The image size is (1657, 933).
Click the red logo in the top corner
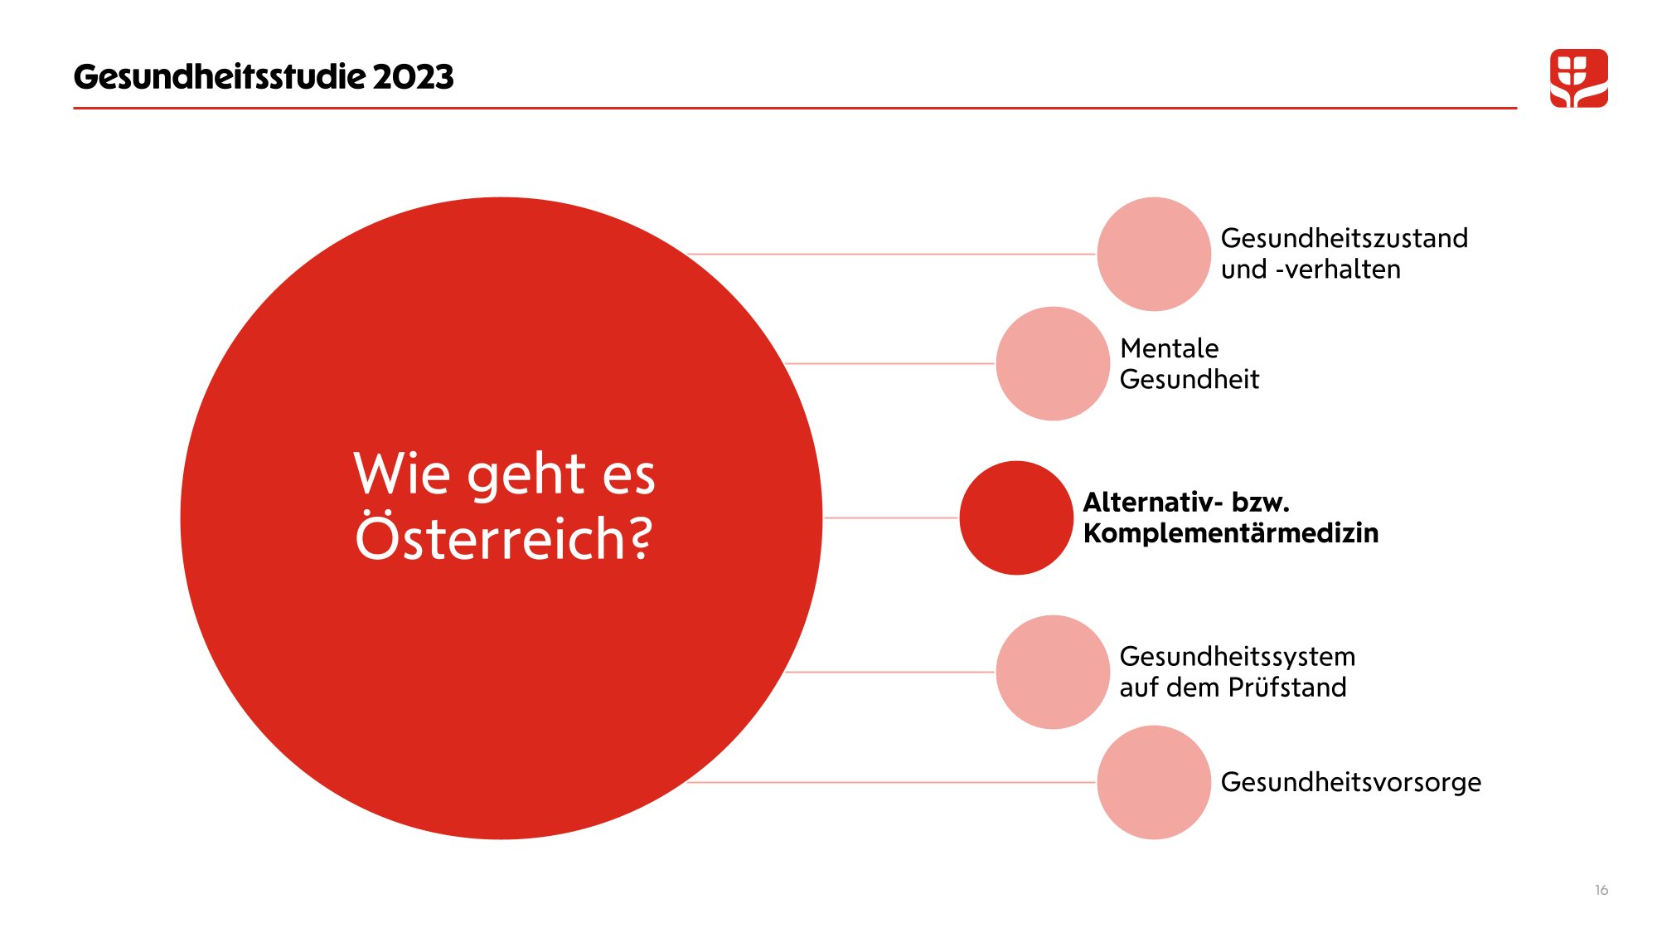click(1578, 78)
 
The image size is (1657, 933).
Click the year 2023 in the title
click(413, 77)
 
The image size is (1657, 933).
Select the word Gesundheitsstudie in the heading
click(219, 77)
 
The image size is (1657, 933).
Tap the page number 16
click(1601, 890)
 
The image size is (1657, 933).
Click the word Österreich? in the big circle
click(504, 538)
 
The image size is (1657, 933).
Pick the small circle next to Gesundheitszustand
click(1153, 254)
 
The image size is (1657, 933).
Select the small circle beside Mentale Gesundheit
click(1052, 363)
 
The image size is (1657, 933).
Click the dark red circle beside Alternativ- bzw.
click(1015, 518)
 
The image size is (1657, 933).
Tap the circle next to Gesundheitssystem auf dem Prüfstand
click(1052, 672)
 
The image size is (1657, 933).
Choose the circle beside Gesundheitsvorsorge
click(1153, 782)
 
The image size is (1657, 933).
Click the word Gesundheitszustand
click(1344, 238)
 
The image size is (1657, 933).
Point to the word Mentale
click(1169, 348)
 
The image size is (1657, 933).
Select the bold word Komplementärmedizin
click(1230, 532)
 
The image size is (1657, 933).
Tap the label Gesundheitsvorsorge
click(1350, 782)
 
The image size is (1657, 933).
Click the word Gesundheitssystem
click(1237, 656)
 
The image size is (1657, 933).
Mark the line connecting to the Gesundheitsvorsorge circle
click(891, 782)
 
